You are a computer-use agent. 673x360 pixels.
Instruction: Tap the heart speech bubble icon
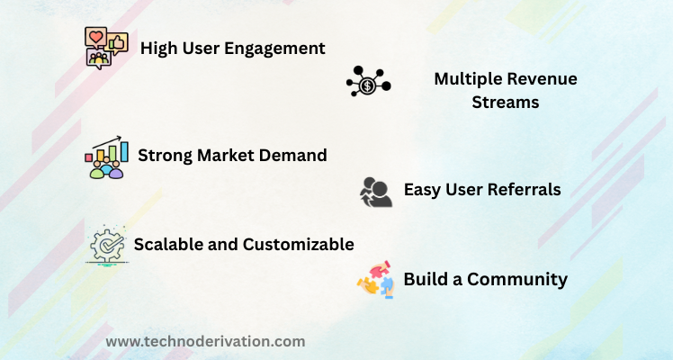point(95,38)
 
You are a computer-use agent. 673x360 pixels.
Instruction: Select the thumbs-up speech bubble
point(117,43)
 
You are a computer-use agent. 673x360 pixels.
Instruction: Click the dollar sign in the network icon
point(367,85)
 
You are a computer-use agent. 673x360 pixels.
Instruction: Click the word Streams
point(506,103)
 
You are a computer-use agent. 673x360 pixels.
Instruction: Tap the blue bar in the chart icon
point(124,152)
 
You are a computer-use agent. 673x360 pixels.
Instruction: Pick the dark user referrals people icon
point(376,193)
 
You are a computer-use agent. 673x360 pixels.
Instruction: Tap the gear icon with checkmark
point(107,246)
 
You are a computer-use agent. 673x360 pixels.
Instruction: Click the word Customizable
point(299,245)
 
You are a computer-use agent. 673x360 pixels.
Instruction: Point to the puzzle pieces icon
point(375,279)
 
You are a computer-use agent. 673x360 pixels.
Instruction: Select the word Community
point(517,280)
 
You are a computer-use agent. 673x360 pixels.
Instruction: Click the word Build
point(427,279)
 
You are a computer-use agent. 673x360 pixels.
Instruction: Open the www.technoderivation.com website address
point(206,342)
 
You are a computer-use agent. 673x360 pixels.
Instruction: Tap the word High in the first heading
point(158,49)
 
